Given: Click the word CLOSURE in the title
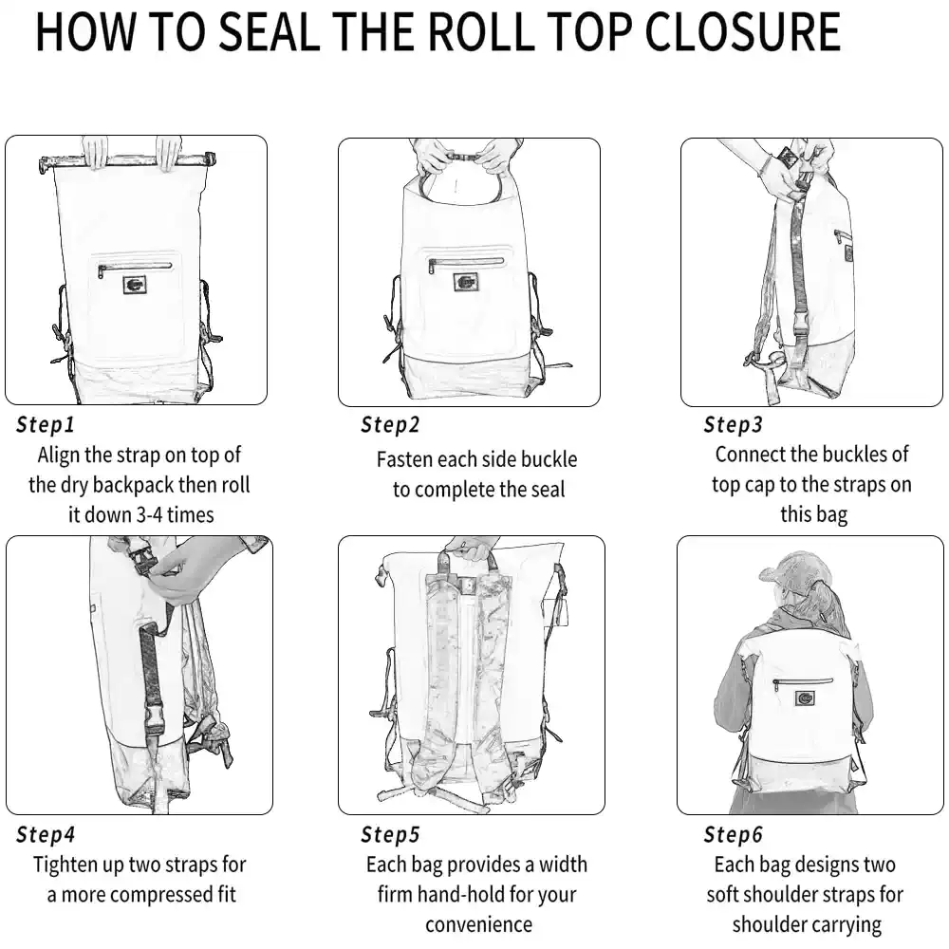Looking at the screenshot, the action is (x=743, y=31).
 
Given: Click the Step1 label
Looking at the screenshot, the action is (x=46, y=424).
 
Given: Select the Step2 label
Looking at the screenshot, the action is (x=390, y=424).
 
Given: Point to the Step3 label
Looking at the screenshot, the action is (x=733, y=424).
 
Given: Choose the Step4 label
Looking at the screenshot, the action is (x=46, y=834).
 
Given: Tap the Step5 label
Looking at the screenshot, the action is (x=390, y=834).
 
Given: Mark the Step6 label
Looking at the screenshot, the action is (x=733, y=834).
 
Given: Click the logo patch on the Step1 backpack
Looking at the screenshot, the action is (x=135, y=285).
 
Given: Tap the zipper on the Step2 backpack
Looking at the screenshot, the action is (x=466, y=263).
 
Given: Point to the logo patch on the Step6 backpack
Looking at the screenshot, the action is (x=804, y=698).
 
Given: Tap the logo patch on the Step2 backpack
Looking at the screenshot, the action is (x=466, y=282).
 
